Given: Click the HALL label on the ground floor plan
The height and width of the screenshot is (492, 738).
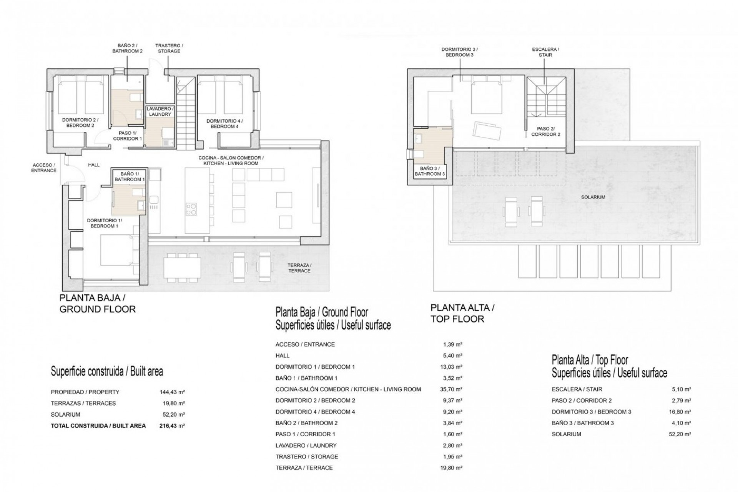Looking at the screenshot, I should [x=94, y=165].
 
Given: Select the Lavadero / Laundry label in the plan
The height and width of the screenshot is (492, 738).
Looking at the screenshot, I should [x=160, y=111].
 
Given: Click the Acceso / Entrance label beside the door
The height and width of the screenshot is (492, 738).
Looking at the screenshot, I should [x=43, y=168].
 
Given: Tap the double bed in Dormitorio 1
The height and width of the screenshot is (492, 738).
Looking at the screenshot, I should [x=117, y=254].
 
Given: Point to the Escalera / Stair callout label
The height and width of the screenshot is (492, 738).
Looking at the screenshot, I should [x=545, y=52].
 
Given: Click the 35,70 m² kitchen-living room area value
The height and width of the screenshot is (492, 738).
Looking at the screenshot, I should [x=452, y=389].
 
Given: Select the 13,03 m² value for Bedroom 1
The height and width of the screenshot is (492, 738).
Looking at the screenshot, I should [x=452, y=367].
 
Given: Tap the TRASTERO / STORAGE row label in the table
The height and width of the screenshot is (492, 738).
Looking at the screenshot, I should [x=307, y=457].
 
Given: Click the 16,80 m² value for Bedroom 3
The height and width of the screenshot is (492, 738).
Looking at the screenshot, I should [x=682, y=412].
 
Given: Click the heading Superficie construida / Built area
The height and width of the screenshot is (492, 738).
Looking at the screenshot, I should [x=107, y=372].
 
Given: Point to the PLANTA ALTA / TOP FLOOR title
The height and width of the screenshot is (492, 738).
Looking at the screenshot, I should [x=462, y=313].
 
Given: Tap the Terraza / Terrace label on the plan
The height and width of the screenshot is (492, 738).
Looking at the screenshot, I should [x=299, y=268].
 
